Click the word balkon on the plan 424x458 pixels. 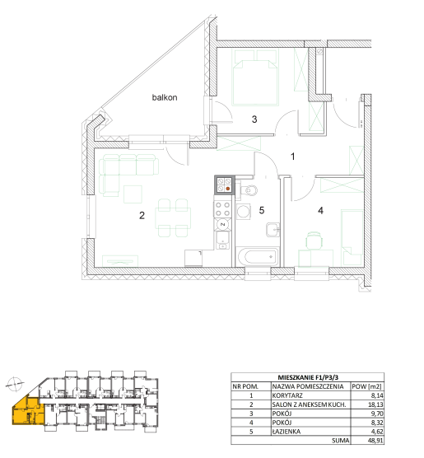(x=165, y=97)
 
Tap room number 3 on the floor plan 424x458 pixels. (x=254, y=119)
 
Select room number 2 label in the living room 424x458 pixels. (x=142, y=216)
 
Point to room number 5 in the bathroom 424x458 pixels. (x=262, y=210)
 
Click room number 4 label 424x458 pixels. (x=320, y=211)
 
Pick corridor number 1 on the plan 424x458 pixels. (x=293, y=157)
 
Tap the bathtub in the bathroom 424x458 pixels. (x=257, y=257)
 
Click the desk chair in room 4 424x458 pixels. (x=315, y=241)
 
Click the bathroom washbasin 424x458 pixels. (x=273, y=230)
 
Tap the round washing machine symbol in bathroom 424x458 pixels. (x=243, y=212)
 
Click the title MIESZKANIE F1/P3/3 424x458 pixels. (x=308, y=377)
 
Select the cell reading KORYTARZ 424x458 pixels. (x=287, y=395)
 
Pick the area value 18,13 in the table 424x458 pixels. (x=375, y=404)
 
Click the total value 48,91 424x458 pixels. (x=375, y=441)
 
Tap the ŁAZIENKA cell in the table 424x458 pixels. (x=287, y=432)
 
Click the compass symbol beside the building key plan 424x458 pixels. (x=14, y=384)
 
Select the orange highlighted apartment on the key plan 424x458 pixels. (x=28, y=412)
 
